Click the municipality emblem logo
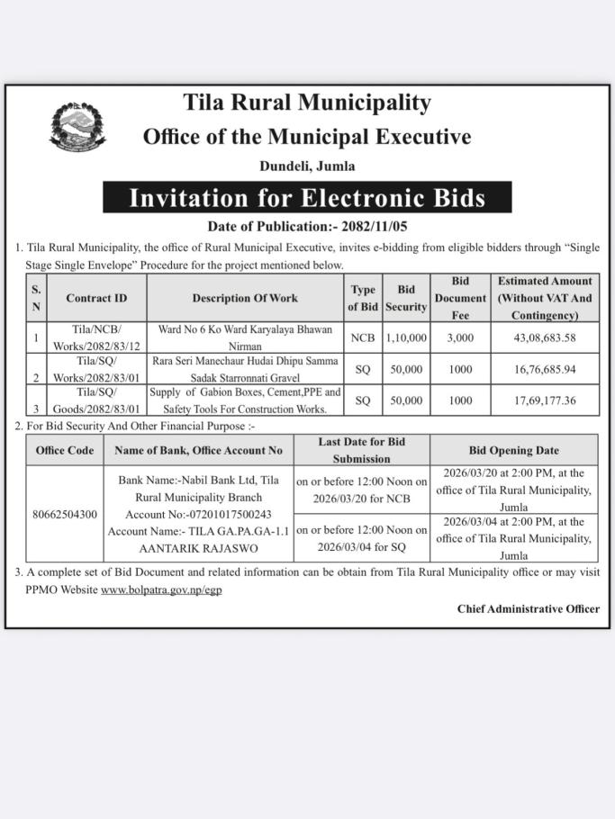[x=77, y=126]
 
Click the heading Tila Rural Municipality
[x=307, y=103]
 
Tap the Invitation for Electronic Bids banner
[x=307, y=197]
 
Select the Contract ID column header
[x=96, y=298]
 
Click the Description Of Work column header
[x=245, y=298]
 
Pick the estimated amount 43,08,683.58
[x=545, y=337]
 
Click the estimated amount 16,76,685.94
[x=545, y=369]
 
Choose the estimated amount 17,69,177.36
[x=545, y=400]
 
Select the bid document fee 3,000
[x=460, y=337]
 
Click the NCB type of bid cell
[x=363, y=337]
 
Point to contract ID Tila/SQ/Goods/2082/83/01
[x=96, y=400]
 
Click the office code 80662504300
[x=64, y=514]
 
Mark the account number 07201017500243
[x=223, y=514]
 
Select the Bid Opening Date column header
[x=513, y=450]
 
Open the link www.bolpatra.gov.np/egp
[x=161, y=589]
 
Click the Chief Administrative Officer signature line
[x=528, y=608]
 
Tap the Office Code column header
[x=64, y=450]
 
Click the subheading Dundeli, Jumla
[x=307, y=166]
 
